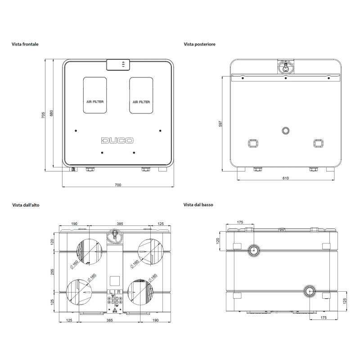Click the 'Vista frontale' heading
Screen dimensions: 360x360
pyautogui.click(x=25, y=44)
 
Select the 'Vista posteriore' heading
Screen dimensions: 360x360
pyautogui.click(x=199, y=44)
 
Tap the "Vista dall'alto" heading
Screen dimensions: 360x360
pyautogui.click(x=26, y=205)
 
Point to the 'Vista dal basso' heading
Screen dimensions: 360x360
pyautogui.click(x=198, y=205)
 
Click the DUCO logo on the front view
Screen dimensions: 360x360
pyautogui.click(x=117, y=140)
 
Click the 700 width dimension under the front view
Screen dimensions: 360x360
pyautogui.click(x=118, y=185)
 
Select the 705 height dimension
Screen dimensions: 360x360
pyautogui.click(x=43, y=115)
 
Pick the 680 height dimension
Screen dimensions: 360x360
pyautogui.click(x=51, y=113)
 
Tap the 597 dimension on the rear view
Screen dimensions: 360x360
pyautogui.click(x=220, y=124)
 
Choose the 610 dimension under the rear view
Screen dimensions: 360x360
pyautogui.click(x=286, y=178)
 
